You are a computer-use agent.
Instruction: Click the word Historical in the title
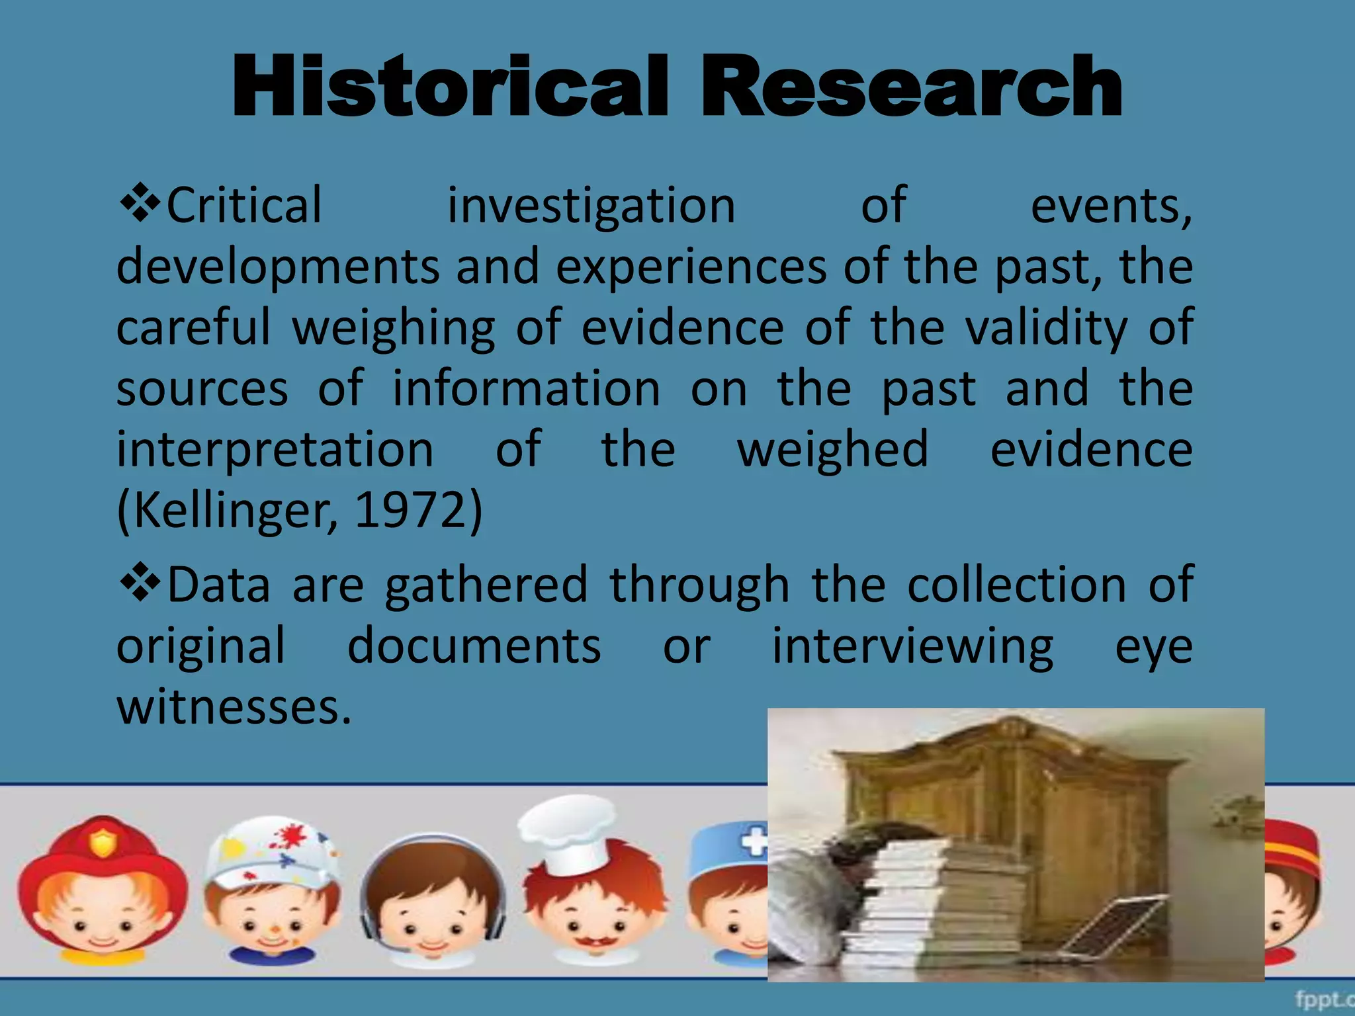coord(450,87)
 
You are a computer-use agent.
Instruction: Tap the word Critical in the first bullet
coord(243,206)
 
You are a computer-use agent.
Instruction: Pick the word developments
coord(278,268)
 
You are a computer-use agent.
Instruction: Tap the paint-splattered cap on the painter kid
coord(271,850)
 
